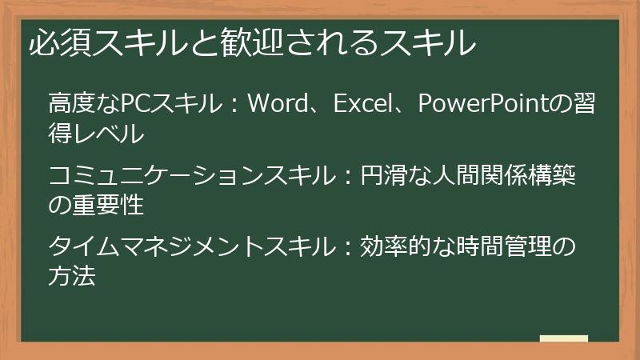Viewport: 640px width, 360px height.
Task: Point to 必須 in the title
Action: point(59,42)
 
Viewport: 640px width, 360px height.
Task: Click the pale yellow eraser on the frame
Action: point(563,339)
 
